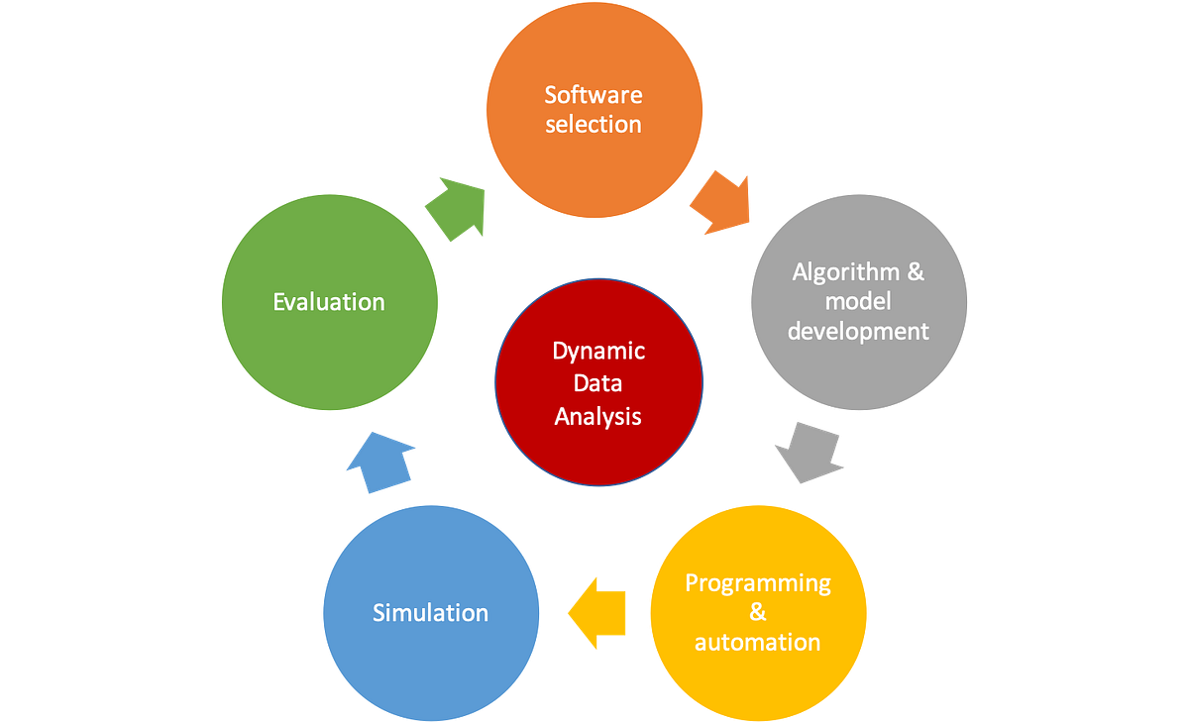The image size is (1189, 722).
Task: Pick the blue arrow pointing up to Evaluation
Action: coord(381,461)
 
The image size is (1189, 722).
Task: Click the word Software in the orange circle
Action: coord(593,95)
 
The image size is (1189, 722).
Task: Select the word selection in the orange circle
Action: coord(593,125)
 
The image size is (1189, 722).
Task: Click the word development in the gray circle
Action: coord(858,331)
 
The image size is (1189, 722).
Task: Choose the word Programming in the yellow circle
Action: coord(758,582)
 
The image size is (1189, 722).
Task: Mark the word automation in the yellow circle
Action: coord(757,642)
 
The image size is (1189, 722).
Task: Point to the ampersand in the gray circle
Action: coord(914,271)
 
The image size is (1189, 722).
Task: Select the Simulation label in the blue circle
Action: coord(430,613)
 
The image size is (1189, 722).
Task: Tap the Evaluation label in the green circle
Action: coord(329,302)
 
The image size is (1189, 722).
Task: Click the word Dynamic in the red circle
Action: coord(598,352)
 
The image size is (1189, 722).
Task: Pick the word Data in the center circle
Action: coord(598,384)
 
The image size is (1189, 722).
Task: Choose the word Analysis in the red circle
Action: coord(598,417)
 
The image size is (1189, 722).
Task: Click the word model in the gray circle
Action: coord(858,301)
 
